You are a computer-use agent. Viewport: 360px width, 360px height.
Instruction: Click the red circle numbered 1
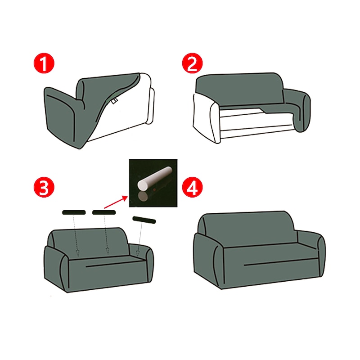tap(44, 63)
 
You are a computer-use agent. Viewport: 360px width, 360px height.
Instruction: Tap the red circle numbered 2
tap(193, 63)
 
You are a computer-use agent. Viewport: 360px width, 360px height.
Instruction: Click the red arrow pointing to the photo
tap(116, 202)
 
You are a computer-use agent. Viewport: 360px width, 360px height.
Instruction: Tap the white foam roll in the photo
tap(154, 178)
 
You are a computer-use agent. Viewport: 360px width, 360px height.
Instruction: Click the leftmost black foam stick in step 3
tap(74, 212)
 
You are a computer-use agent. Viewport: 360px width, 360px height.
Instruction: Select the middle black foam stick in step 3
tap(104, 212)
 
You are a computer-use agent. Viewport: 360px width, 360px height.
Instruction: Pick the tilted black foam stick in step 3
tap(144, 220)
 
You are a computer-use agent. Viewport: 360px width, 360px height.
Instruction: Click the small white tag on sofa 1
tap(114, 101)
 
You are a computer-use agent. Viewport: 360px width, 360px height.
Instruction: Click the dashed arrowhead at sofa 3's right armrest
tap(138, 253)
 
